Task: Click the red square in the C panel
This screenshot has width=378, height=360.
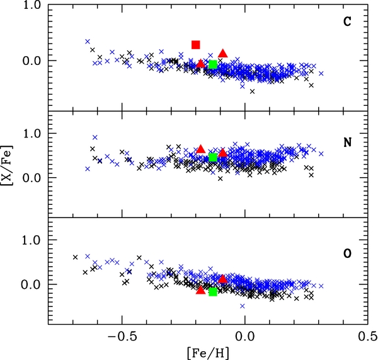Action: point(196,44)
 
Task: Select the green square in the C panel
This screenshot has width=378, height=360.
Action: point(213,64)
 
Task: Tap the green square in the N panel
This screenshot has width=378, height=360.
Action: point(213,158)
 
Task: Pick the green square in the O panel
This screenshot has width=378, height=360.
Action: point(213,292)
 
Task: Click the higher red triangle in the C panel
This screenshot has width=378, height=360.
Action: point(223,54)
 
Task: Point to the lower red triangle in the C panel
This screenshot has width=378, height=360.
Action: point(200,64)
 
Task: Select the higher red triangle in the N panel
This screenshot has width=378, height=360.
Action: point(201,149)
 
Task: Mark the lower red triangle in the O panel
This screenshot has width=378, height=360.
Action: point(200,290)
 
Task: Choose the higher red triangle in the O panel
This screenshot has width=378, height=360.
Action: point(222,279)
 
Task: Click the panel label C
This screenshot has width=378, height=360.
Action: point(347,22)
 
